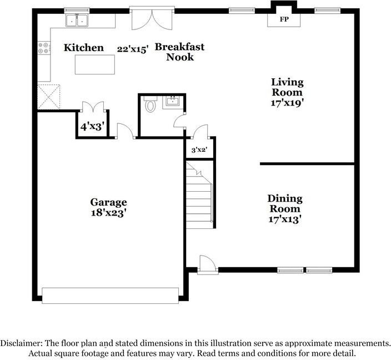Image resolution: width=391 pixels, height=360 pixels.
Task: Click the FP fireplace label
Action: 284,19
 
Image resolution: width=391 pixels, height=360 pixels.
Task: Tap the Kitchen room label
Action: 84,47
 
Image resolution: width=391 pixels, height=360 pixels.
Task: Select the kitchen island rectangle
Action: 95,64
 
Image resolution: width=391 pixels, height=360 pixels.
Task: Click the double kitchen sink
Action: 77,20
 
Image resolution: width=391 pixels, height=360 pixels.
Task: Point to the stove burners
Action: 44,48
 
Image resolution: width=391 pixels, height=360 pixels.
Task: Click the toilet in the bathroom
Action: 150,104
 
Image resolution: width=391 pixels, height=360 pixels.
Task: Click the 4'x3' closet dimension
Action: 92,127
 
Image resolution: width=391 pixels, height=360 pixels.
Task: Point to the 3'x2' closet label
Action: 199,150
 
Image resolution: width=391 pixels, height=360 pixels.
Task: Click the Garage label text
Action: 108,202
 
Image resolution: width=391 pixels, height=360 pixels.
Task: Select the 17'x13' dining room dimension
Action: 285,219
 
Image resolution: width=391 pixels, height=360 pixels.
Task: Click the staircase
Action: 199,194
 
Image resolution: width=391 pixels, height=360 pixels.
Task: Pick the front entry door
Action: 208,265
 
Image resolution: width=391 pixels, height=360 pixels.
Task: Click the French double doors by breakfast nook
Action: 152,19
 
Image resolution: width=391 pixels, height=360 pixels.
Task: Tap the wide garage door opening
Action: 110,296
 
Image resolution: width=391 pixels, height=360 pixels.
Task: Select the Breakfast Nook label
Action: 180,52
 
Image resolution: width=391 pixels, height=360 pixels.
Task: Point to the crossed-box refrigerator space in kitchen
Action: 49,97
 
